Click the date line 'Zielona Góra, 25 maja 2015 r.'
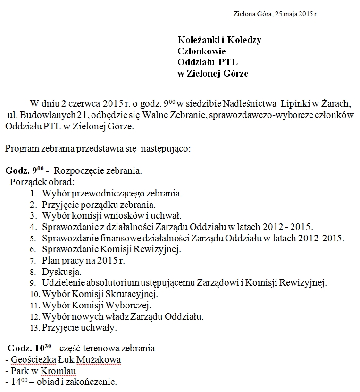click(276, 14)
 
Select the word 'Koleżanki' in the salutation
click(194, 40)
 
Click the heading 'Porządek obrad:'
click(42, 182)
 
